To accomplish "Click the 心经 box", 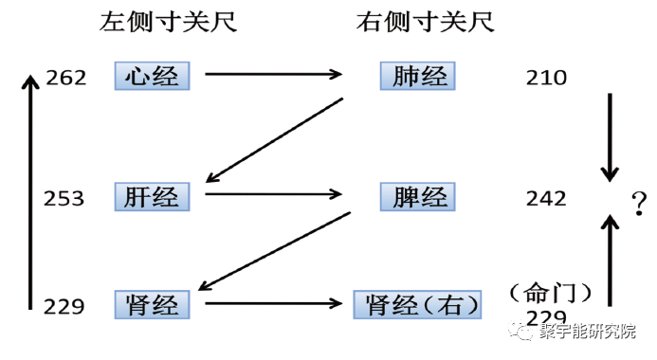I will pyautogui.click(x=152, y=75).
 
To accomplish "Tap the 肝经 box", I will pyautogui.click(x=152, y=196).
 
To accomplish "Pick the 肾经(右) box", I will pyautogui.click(x=417, y=305).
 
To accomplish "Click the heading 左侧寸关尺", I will pyautogui.click(x=168, y=22).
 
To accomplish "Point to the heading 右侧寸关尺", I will pyautogui.click(x=426, y=22).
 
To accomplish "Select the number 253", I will pyautogui.click(x=64, y=198).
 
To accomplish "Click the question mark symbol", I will pyautogui.click(x=640, y=201).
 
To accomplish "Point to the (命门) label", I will pyautogui.click(x=550, y=290).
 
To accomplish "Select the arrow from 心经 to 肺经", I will pyautogui.click(x=272, y=73).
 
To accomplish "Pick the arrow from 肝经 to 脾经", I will pyautogui.click(x=272, y=194).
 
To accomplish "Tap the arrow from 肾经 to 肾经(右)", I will pyautogui.click(x=272, y=304).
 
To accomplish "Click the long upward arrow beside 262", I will pyautogui.click(x=31, y=189).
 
